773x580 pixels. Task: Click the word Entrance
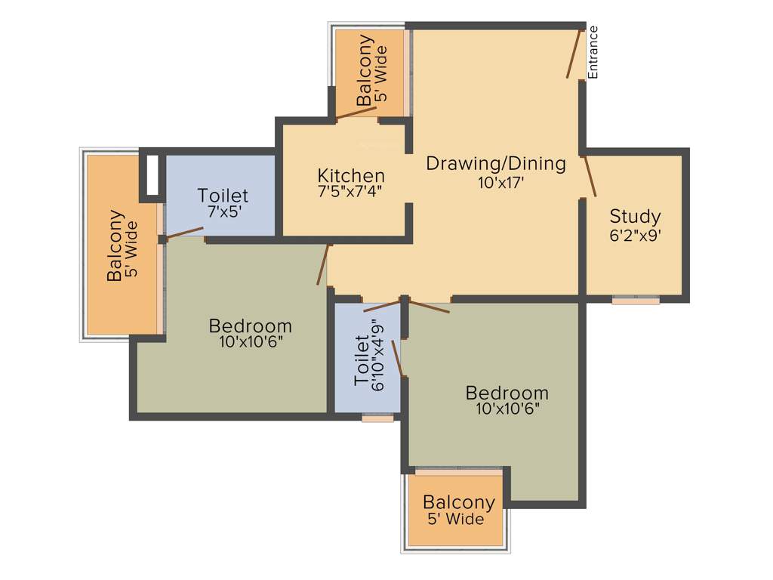coord(593,52)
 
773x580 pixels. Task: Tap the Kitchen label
coord(351,176)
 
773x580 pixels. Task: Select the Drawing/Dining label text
coord(496,163)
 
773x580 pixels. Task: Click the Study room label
coord(635,217)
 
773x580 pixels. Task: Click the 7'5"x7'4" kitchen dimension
coord(350,192)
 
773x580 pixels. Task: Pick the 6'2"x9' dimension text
coord(636,235)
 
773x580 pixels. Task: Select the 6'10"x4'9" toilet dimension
coord(377,356)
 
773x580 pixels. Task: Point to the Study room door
coord(590,177)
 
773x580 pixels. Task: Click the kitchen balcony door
coord(356,113)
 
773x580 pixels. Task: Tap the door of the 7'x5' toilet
coord(185,233)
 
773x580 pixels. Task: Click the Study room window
coord(635,300)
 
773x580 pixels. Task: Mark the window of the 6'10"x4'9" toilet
coord(377,418)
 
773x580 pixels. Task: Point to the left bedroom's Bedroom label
coord(250,326)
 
